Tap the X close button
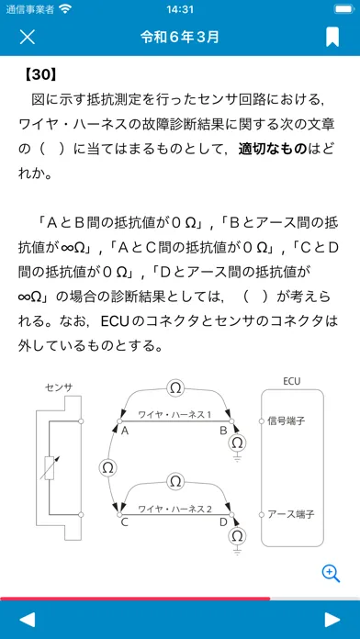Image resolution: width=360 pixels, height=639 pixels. point(28,37)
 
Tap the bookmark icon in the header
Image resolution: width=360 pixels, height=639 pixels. point(332,37)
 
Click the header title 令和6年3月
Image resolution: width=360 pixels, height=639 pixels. point(180,37)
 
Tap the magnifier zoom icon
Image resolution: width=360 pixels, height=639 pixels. point(331,574)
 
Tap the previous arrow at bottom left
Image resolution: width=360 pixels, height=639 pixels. point(28,620)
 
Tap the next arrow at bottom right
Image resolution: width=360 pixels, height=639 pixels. point(332,620)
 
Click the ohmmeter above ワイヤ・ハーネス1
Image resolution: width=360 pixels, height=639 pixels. point(175,388)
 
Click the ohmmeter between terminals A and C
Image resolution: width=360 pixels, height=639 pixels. point(107,468)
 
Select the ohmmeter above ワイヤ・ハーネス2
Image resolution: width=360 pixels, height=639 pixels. point(175,481)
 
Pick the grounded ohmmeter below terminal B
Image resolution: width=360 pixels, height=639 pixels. point(237,443)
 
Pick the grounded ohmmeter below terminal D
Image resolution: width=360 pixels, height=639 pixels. point(237,534)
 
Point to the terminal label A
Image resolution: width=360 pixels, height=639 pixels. point(125,431)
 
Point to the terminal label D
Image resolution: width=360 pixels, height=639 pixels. point(223,522)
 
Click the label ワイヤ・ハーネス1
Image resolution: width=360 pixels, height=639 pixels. point(174,415)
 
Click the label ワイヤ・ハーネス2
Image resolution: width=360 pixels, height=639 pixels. point(174,509)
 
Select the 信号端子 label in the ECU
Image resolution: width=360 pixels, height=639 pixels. point(287,420)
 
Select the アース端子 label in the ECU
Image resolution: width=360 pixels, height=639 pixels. point(291,514)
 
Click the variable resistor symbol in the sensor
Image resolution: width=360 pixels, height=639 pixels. point(50,468)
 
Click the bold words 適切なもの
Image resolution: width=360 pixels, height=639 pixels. point(272,149)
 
